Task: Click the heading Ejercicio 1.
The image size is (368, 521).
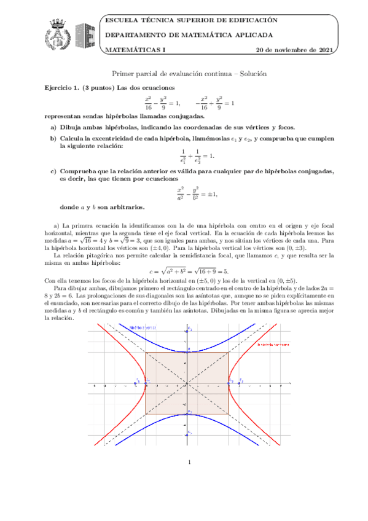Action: tap(62, 87)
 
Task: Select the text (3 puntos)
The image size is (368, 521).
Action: tap(97, 87)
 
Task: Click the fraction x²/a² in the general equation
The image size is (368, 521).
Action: tap(180, 194)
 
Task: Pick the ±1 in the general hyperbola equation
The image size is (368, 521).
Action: tap(210, 194)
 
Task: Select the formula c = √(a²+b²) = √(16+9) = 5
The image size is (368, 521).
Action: tap(189, 271)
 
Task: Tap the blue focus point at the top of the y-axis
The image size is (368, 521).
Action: tap(187, 331)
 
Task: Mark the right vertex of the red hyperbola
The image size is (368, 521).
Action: tap(229, 383)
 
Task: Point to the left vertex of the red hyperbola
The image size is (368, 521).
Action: tap(146, 383)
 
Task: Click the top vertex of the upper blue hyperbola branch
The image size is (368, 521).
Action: tap(187, 351)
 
